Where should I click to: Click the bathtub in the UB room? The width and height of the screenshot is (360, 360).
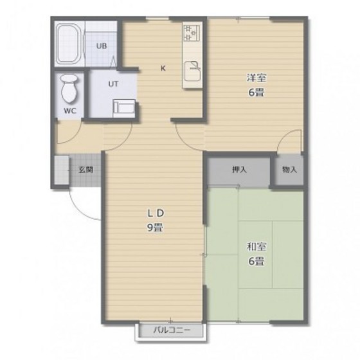tap(69, 44)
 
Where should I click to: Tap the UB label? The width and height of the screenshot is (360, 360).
tap(102, 46)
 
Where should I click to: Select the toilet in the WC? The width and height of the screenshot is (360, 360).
tap(69, 89)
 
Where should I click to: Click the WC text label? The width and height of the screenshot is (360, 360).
tap(70, 111)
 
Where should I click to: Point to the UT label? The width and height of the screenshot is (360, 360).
tap(113, 84)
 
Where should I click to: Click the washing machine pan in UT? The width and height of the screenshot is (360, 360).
tap(124, 109)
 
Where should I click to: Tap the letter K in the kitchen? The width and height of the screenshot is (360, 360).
tap(163, 68)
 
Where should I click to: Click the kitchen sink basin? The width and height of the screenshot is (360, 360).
tap(192, 71)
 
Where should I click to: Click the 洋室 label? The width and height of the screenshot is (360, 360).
tap(256, 78)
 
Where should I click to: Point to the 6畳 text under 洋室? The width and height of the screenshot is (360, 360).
tap(256, 93)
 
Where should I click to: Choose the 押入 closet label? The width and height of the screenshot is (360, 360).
tap(239, 170)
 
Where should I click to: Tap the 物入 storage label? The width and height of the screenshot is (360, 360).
tap(289, 170)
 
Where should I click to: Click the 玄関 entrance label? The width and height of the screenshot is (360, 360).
tap(86, 170)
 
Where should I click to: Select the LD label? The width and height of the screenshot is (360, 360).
tap(156, 213)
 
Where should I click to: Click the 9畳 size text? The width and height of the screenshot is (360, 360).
tap(155, 228)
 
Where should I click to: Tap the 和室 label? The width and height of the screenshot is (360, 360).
tap(256, 247)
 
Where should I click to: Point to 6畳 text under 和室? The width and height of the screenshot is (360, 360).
tap(256, 261)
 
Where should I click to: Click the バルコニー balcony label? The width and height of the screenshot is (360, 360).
tap(172, 330)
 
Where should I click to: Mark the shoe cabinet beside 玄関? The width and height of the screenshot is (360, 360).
tap(62, 170)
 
